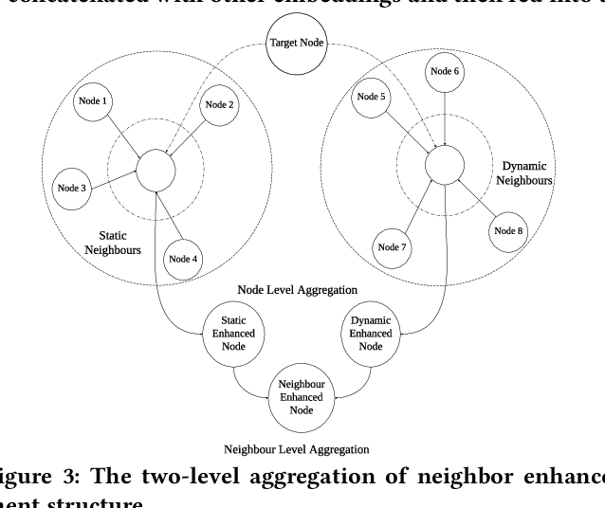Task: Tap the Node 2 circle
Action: click(217, 105)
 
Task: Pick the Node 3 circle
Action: click(71, 188)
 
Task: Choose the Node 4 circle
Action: click(182, 259)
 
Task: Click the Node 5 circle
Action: click(369, 96)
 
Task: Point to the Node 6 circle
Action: click(444, 72)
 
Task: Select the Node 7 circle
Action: click(393, 247)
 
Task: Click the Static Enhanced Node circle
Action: click(233, 334)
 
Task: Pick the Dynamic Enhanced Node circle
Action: click(371, 334)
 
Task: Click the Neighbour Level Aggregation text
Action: click(297, 447)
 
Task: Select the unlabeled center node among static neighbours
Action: click(156, 170)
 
